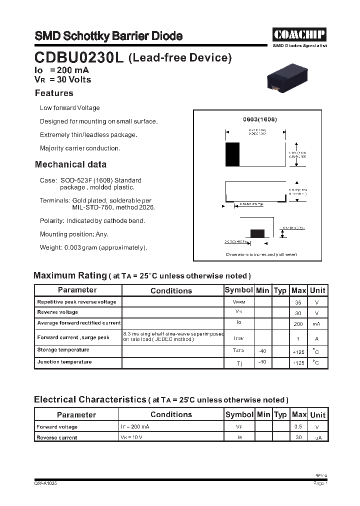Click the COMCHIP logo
[299, 34]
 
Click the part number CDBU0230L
[79, 58]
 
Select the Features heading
[54, 93]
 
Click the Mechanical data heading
[70, 164]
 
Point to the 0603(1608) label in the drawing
[259, 119]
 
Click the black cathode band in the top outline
[232, 154]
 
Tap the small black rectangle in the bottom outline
[257, 233]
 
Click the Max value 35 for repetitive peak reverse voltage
[298, 302]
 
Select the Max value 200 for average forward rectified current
[298, 324]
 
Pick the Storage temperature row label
[63, 350]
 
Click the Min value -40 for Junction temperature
[261, 362]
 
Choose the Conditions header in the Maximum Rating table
[171, 290]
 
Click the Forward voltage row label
[57, 427]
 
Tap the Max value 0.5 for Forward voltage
[298, 427]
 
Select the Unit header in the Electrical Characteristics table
[317, 414]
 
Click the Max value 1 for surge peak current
[298, 338]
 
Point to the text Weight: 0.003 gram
[93, 247]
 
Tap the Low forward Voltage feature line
[70, 108]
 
